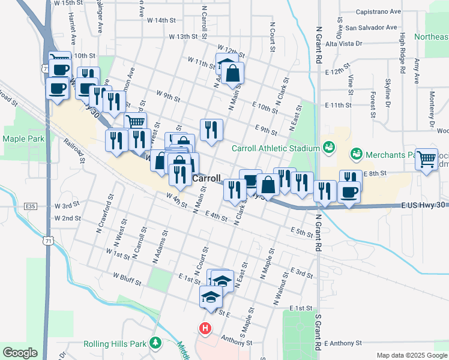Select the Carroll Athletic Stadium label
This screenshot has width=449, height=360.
click(x=276, y=148)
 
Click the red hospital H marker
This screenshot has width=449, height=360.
click(x=205, y=329)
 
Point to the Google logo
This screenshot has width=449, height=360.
click(x=20, y=353)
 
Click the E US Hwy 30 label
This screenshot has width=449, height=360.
click(x=424, y=205)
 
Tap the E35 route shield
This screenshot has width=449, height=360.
click(x=31, y=206)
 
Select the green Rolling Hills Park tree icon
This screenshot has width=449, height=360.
click(x=156, y=343)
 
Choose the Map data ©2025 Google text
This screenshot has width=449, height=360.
click(x=411, y=355)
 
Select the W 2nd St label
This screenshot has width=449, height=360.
click(x=67, y=218)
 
